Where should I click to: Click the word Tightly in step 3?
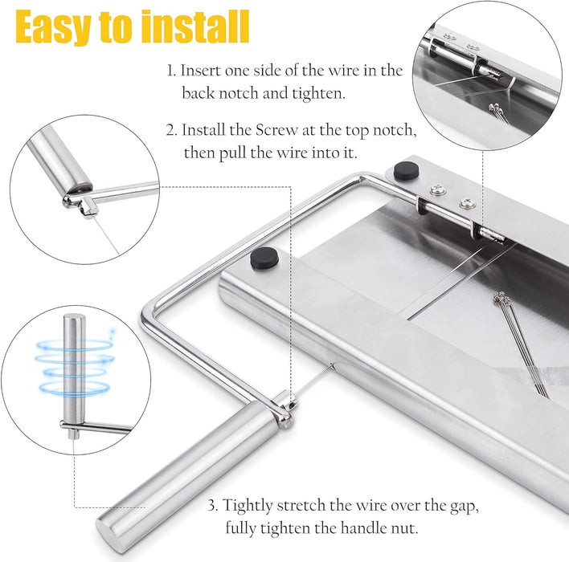pyautogui.click(x=248, y=505)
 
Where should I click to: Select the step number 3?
pyautogui.click(x=212, y=505)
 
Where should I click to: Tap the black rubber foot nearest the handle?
pyautogui.click(x=264, y=258)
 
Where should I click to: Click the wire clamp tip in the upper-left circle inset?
pyautogui.click(x=80, y=201)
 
